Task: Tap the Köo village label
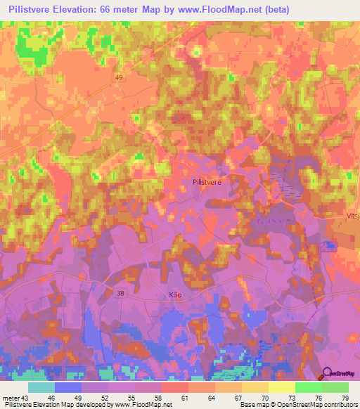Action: pyautogui.click(x=175, y=295)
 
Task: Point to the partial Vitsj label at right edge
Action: pyautogui.click(x=352, y=199)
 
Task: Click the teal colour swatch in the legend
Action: pyautogui.click(x=41, y=387)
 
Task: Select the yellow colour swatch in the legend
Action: pyautogui.click(x=281, y=387)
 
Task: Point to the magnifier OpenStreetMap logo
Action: pyautogui.click(x=328, y=373)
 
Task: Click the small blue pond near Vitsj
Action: pyautogui.click(x=328, y=245)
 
